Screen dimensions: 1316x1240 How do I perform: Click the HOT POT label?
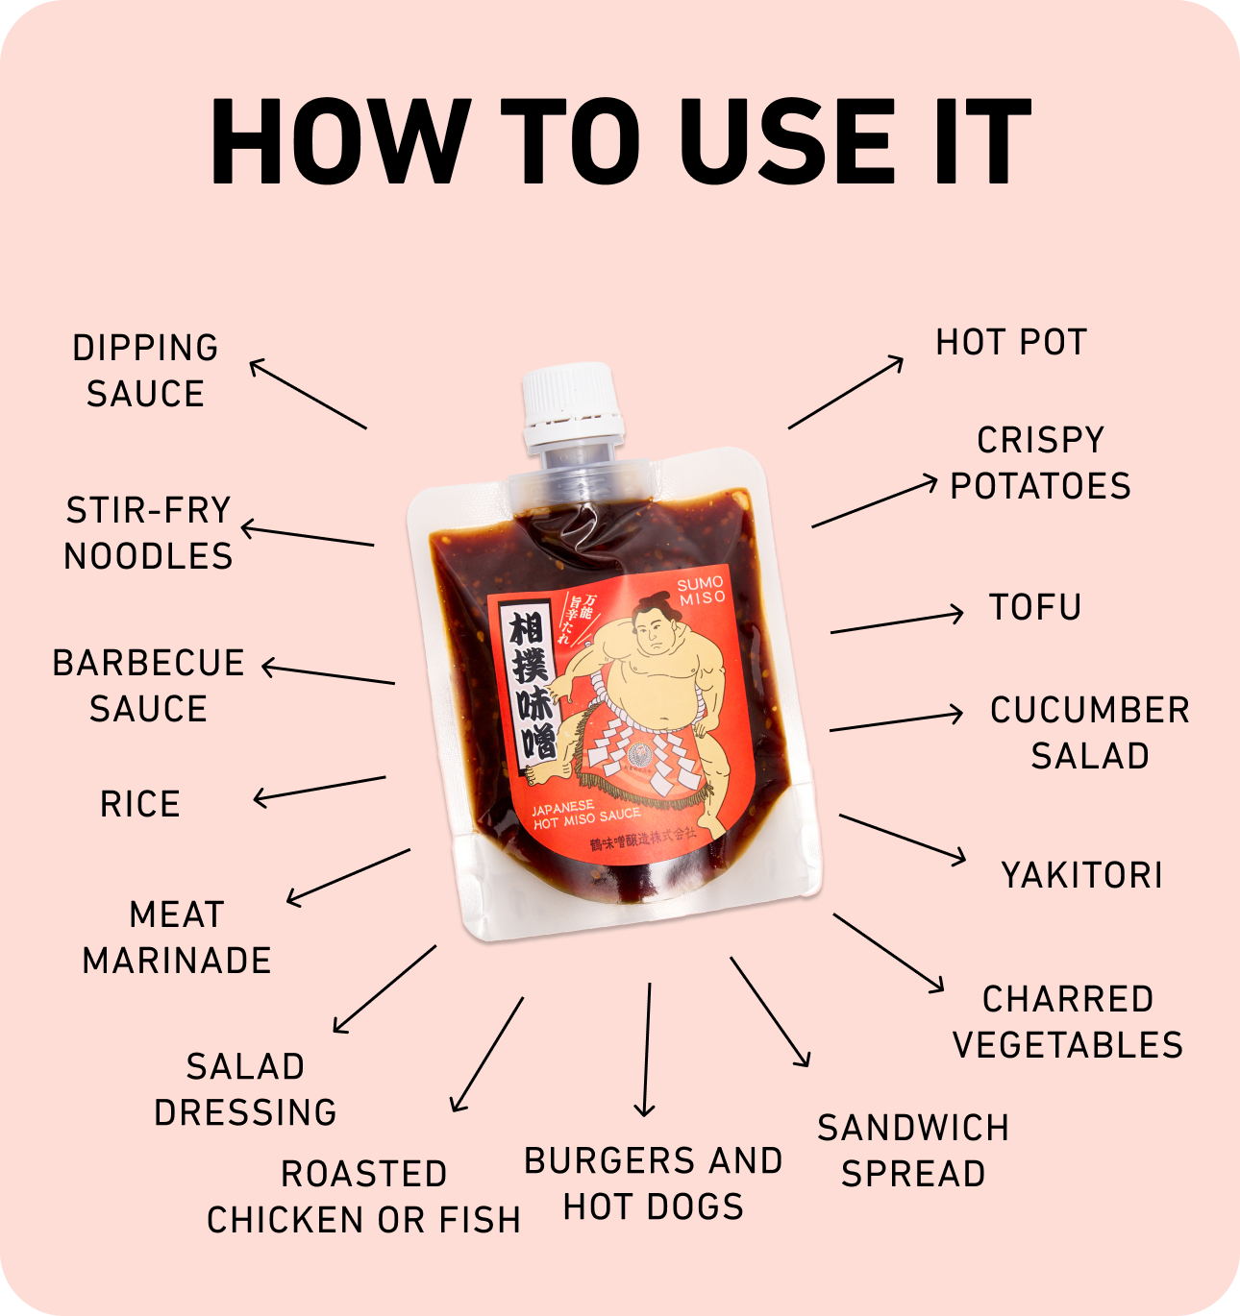click(1011, 343)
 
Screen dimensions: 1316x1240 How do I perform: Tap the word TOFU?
click(1035, 608)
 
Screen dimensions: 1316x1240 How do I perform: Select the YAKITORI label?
click(1081, 876)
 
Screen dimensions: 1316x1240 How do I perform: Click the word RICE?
click(140, 805)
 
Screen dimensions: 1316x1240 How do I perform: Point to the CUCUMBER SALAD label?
click(1089, 734)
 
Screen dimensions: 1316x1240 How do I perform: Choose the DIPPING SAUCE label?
click(145, 371)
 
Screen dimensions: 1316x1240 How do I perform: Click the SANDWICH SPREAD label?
click(913, 1151)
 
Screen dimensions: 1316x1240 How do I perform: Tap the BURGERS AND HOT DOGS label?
click(654, 1183)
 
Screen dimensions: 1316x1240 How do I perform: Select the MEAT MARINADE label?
click(177, 938)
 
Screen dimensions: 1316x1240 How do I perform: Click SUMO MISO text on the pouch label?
click(701, 591)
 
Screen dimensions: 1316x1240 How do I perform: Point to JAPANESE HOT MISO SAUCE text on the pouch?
click(584, 815)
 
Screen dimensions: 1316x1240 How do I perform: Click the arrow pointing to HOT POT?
click(846, 392)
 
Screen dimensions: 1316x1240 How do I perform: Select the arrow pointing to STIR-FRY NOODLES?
click(308, 536)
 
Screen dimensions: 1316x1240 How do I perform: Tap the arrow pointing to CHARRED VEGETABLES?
click(889, 952)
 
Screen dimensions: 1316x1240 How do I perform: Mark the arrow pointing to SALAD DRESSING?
click(384, 988)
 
